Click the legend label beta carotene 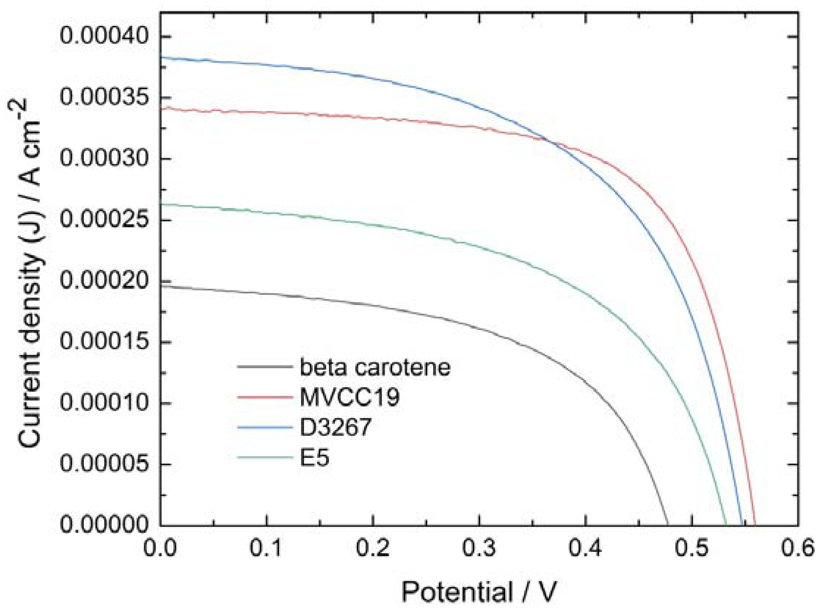point(375,367)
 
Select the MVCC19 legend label point(350,397)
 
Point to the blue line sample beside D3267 point(265,428)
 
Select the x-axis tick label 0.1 point(266,549)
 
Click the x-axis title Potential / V point(479,592)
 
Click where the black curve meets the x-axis point(668,525)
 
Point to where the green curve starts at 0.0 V point(161,204)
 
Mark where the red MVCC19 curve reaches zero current point(755,525)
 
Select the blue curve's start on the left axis point(161,57)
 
